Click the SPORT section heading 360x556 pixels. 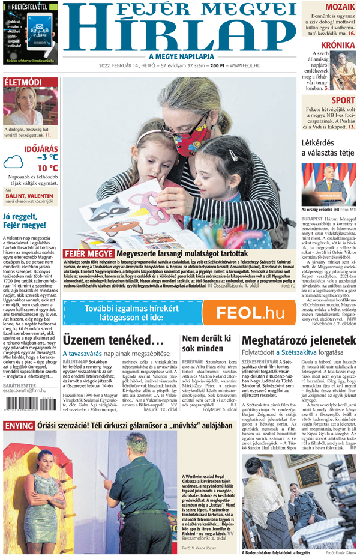point(343,100)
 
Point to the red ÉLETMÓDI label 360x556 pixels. point(23,82)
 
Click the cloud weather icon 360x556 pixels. point(13,161)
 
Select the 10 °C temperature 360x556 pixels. point(48,168)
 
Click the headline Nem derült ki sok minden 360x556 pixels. point(208,342)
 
